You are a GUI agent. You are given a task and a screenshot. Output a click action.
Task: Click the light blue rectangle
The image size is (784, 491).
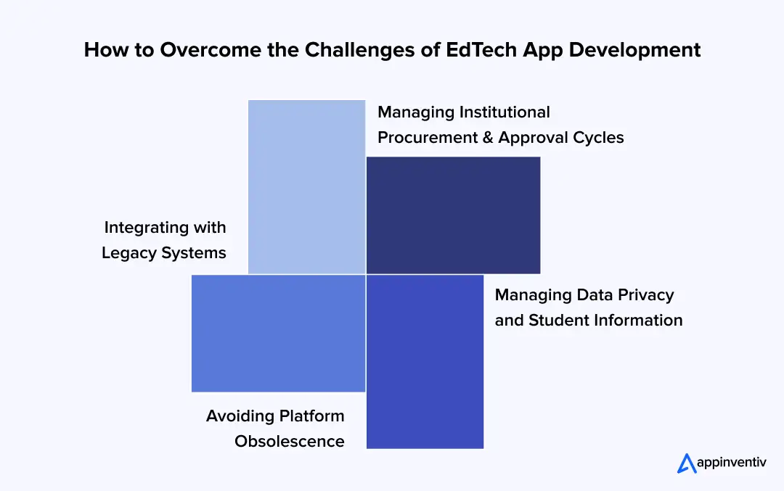(306, 186)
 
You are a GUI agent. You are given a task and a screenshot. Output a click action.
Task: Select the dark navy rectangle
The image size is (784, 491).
(453, 215)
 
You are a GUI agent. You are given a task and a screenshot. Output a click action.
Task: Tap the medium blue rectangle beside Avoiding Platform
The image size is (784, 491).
(278, 333)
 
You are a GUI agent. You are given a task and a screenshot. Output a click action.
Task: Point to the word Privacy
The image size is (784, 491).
(646, 295)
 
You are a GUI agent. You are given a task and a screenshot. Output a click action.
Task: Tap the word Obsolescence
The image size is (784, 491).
(290, 442)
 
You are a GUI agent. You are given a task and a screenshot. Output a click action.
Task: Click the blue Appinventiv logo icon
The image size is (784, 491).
(687, 463)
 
